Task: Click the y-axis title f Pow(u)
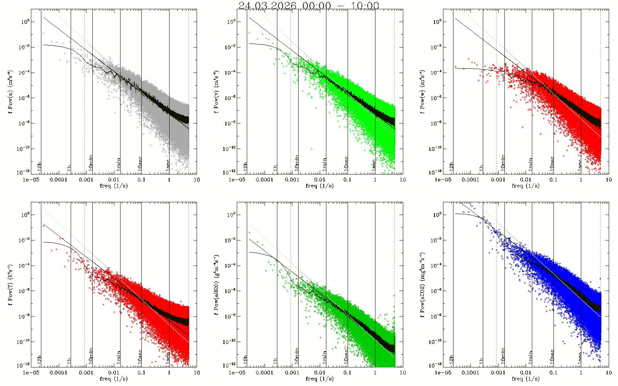10,91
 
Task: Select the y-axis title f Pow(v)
216,91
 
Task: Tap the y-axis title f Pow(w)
423,91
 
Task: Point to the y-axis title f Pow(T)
10,284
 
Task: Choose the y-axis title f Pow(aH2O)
216,284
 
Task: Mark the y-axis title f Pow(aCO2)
423,284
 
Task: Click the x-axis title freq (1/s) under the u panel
114,186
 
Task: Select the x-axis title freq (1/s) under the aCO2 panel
526,379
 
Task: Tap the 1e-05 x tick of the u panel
31,179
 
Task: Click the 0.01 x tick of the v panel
320,179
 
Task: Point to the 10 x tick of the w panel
609,179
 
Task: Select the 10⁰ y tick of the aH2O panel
231,215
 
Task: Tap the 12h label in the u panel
39,167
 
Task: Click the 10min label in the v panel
297,163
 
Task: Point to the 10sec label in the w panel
552,164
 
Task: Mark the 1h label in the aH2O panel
275,361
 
